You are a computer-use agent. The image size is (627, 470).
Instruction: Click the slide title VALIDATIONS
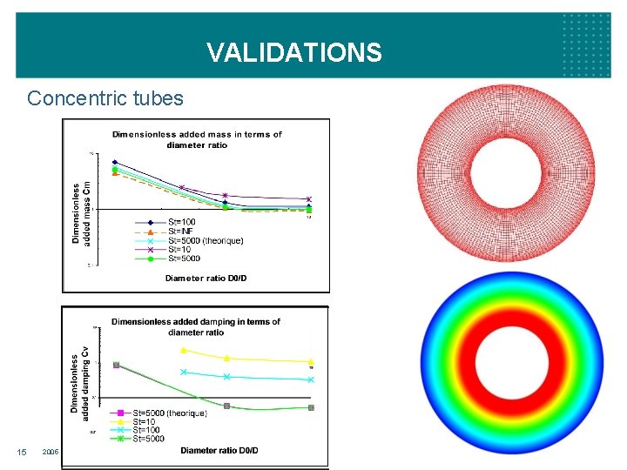click(293, 53)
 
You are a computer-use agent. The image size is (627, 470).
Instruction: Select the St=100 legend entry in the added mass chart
click(179, 222)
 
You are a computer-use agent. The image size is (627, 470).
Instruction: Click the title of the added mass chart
click(197, 139)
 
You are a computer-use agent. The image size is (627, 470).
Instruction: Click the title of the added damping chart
click(196, 326)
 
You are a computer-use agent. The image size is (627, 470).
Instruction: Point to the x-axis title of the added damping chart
click(219, 450)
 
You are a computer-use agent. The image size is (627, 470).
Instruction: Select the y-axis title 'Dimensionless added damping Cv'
click(80, 383)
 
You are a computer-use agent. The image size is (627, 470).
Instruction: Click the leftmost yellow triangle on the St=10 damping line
click(183, 350)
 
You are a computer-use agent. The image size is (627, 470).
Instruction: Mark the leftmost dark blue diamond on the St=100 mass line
click(114, 162)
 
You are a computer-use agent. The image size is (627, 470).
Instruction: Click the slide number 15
click(22, 452)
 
